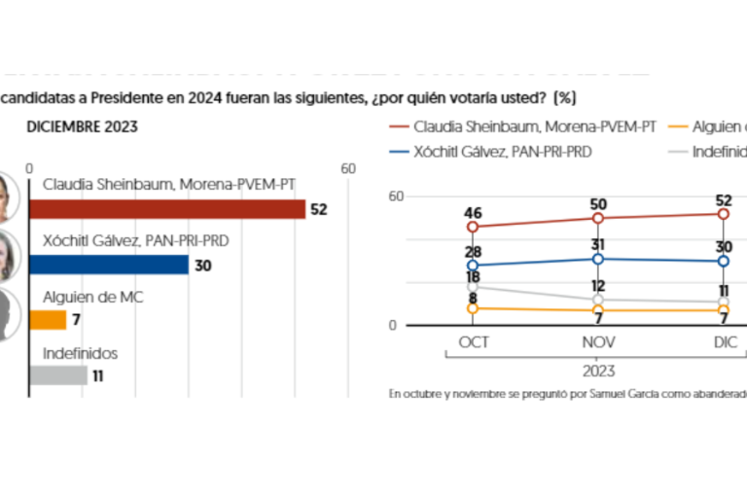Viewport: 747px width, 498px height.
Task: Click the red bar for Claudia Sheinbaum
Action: tap(167, 209)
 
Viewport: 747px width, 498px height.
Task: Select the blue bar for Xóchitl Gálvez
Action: tap(109, 265)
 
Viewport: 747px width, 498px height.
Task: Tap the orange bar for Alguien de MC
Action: tap(48, 319)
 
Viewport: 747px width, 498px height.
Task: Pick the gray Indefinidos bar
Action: tap(58, 374)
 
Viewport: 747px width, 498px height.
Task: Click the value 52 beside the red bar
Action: tap(318, 209)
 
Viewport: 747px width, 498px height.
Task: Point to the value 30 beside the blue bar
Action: tap(202, 265)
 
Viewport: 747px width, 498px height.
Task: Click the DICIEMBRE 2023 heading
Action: tap(83, 126)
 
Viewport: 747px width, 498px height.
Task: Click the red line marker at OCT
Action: tap(473, 227)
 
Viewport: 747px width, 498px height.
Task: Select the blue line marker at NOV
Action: tap(598, 259)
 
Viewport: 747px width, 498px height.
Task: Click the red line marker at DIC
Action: tap(724, 214)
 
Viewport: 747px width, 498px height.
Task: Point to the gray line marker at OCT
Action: tap(473, 287)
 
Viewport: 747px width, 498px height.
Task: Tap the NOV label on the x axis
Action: tap(598, 343)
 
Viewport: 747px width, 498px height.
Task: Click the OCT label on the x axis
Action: tap(473, 343)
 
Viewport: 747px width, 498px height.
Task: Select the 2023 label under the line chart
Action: tap(598, 371)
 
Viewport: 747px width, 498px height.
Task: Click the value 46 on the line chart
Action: tap(473, 211)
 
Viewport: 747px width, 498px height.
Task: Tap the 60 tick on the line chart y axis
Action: tap(395, 196)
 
